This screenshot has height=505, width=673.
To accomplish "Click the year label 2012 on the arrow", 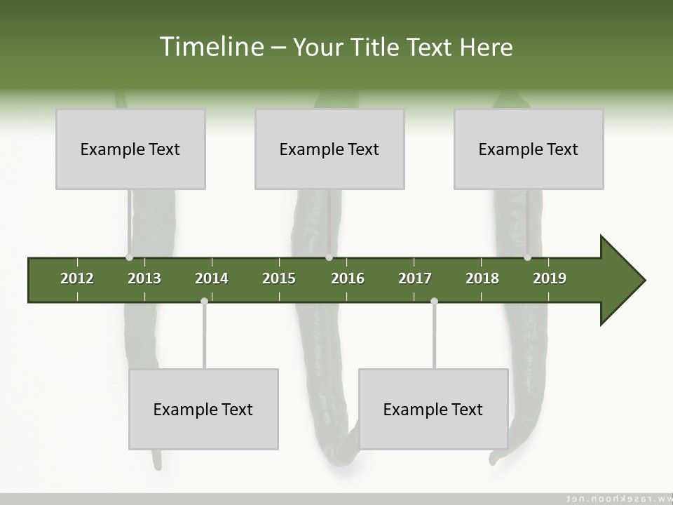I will pos(77,278).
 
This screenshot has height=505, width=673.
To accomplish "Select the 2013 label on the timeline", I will pos(144,278).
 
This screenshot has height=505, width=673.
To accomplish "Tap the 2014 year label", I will pos(212,278).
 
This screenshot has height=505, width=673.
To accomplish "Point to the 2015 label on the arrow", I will pos(279,278).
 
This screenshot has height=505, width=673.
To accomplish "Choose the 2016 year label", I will pos(348,278).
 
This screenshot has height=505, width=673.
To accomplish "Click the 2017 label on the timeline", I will pos(415,278).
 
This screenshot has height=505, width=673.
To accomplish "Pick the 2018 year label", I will pos(482,278).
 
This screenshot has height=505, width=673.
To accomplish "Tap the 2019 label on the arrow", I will pos(550,278).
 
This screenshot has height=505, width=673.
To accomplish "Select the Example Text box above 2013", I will pos(130,149).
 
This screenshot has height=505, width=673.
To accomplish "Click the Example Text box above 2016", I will pos(329,149).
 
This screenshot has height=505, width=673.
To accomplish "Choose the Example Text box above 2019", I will pos(529,149).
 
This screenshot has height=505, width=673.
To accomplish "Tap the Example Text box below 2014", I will pos(203,409).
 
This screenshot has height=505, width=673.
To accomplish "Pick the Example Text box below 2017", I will pos(433,409).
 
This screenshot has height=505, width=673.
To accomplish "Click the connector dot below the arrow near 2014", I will pos(204,302).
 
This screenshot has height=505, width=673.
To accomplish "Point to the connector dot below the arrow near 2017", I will pos(434,302).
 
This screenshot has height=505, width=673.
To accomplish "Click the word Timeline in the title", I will pos(210,47).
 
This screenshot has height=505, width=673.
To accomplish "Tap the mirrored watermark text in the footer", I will pos(617,499).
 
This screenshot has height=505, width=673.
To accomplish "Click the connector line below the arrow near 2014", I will pos(204,337).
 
